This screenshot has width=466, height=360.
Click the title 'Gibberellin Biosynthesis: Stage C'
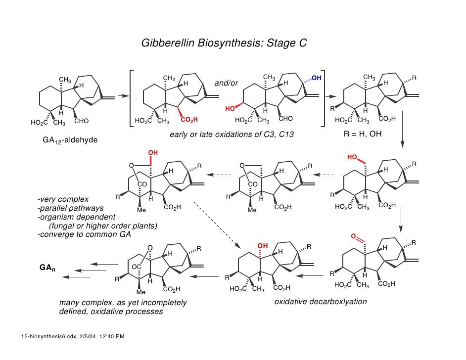click(224, 43)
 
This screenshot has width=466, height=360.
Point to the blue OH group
click(316, 78)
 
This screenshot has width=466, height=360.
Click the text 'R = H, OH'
click(363, 134)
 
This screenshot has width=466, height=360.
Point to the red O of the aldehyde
click(354, 237)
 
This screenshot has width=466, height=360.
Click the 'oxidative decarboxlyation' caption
click(321, 302)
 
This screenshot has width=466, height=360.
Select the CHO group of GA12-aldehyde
click(82, 121)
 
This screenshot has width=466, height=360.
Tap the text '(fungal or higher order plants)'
click(103, 226)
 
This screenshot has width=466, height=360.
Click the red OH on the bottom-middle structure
click(262, 246)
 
